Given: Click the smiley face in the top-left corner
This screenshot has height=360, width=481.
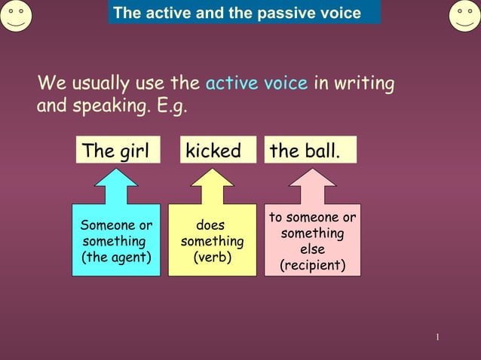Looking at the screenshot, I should (x=16, y=16).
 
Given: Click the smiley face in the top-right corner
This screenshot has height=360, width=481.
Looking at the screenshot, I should (x=464, y=16).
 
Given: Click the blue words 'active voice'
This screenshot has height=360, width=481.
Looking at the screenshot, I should (x=256, y=83).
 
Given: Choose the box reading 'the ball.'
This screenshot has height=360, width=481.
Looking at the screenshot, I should (x=310, y=151).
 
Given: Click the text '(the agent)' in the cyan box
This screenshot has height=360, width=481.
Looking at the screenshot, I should (x=116, y=258).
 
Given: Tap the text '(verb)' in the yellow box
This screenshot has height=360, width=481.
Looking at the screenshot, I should (x=212, y=258).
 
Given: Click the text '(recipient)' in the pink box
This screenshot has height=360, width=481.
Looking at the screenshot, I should (x=312, y=266).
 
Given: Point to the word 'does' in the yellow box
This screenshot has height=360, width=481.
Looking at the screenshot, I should (x=210, y=225).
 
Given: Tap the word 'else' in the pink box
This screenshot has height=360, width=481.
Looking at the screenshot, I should (x=312, y=250).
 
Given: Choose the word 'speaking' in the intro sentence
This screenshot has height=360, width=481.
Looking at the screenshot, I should (x=108, y=105).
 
